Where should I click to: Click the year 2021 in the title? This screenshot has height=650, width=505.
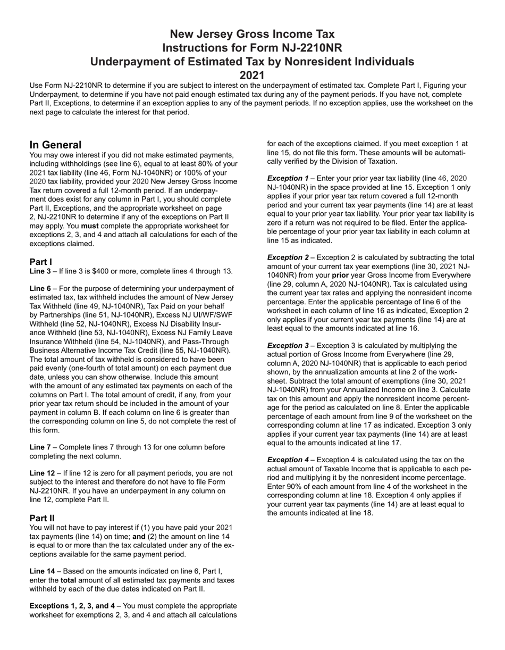(x=252, y=75)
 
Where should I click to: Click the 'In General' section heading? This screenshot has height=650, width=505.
(x=55, y=145)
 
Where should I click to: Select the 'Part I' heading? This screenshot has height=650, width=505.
(x=41, y=262)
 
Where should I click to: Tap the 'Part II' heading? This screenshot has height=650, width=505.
(x=42, y=518)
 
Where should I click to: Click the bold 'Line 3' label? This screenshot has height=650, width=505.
(x=40, y=271)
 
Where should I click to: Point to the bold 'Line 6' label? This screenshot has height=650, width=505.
(x=40, y=288)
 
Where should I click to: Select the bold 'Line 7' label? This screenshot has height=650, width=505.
(x=40, y=447)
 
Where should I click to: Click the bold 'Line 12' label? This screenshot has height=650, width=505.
(x=43, y=473)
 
